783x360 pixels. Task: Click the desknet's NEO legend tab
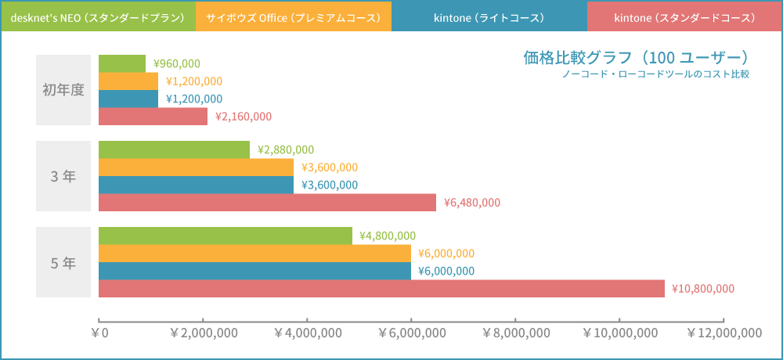[98, 16]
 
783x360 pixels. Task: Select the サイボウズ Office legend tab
[294, 16]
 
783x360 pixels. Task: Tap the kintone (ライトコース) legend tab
[489, 16]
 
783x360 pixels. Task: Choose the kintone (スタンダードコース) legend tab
[684, 16]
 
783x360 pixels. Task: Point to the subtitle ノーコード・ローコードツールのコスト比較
[655, 75]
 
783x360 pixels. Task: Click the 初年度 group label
[63, 90]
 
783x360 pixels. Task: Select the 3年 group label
[63, 176]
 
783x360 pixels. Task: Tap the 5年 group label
[63, 262]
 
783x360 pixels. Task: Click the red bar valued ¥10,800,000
[381, 288]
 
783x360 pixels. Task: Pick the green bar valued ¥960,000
[122, 63]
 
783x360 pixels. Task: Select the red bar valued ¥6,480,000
[267, 202]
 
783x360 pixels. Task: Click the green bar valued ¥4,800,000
[226, 236]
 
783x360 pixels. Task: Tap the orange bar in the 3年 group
[196, 167]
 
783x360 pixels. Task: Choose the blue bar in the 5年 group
[254, 271]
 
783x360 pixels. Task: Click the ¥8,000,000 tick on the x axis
[516, 333]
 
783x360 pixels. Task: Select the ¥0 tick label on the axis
[99, 333]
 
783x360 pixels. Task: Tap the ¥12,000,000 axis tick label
[723, 333]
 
